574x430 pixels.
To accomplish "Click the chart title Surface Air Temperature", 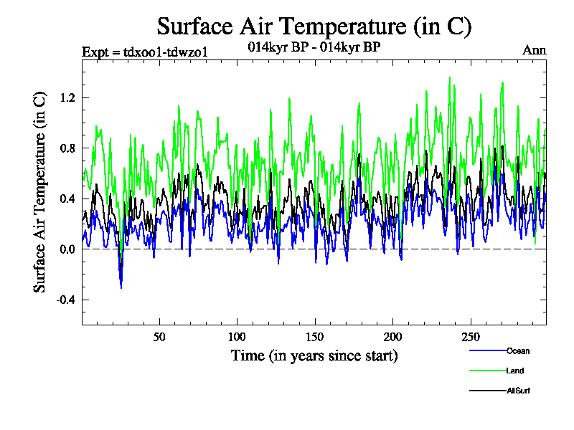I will [x=314, y=27].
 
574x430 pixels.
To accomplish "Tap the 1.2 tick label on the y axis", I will [x=67, y=97].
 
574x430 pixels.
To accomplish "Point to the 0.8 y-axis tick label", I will [x=67, y=148].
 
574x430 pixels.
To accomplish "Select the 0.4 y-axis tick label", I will [x=67, y=199].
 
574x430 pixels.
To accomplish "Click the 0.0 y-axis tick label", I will [x=67, y=249].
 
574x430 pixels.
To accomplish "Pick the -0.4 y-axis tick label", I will [x=65, y=300].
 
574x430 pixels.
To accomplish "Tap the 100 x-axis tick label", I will [x=237, y=337].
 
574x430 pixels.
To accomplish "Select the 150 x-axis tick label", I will [x=314, y=337].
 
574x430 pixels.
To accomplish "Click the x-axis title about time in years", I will [x=314, y=355].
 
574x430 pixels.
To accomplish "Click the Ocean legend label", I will [x=517, y=351].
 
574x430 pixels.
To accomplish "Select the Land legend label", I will [x=514, y=371].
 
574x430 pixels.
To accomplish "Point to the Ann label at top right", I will [x=535, y=51].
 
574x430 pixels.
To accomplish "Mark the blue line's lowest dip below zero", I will [x=121, y=287].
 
